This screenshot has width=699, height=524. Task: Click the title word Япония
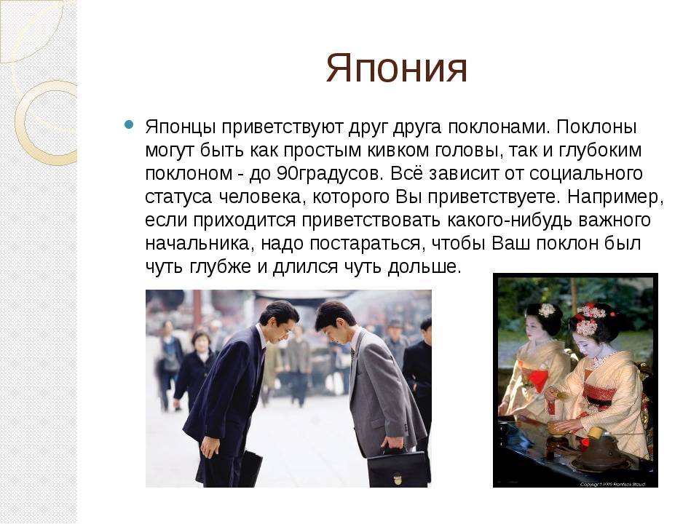pyautogui.click(x=396, y=69)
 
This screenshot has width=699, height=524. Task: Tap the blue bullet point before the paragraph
pyautogui.click(x=129, y=124)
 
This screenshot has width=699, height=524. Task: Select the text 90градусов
pyautogui.click(x=329, y=173)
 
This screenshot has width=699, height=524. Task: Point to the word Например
pyautogui.click(x=616, y=196)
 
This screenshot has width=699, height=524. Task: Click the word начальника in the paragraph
pyautogui.click(x=200, y=243)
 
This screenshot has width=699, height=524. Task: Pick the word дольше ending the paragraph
pyautogui.click(x=424, y=266)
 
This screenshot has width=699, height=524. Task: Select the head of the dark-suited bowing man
pyautogui.click(x=280, y=319)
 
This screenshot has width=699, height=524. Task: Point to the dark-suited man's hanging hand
pyautogui.click(x=209, y=446)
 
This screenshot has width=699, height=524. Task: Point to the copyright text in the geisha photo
pyautogui.click(x=612, y=484)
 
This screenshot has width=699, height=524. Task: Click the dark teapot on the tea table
pyautogui.click(x=596, y=452)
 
